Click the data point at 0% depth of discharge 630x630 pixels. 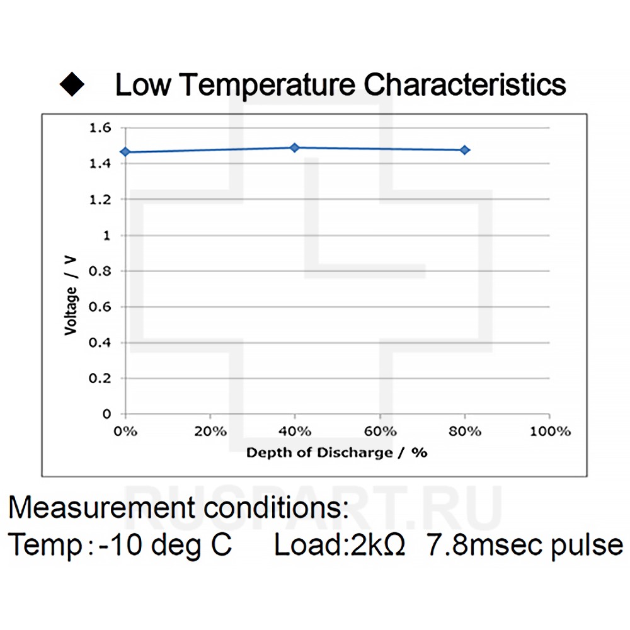click(x=125, y=152)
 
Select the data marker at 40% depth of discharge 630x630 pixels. click(x=294, y=147)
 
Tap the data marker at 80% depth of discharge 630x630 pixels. click(x=464, y=150)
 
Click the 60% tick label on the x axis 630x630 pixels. click(x=380, y=432)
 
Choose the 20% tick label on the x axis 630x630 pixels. click(x=210, y=432)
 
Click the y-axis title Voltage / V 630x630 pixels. click(x=71, y=294)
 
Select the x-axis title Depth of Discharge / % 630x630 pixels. click(x=336, y=453)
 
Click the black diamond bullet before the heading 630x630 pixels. click(x=72, y=86)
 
